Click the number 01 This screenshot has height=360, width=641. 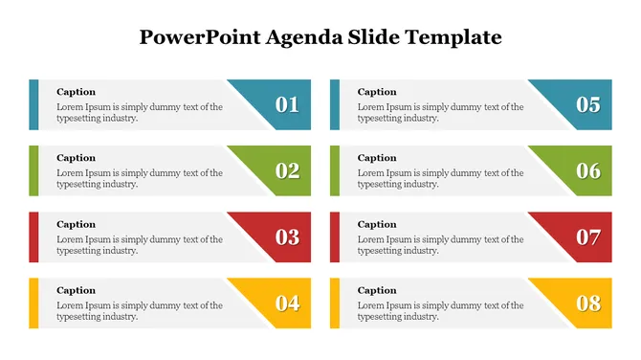pos(287,104)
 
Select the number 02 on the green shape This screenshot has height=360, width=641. pos(287,170)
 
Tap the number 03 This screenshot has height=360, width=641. pos(287,236)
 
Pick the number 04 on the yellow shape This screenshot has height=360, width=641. pos(287,304)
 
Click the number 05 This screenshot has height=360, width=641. pos(588,104)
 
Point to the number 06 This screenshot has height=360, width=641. pos(588,170)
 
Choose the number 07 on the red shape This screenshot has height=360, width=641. pos(588,236)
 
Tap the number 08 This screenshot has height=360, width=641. pos(588,304)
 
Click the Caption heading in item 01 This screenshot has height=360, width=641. pos(76,92)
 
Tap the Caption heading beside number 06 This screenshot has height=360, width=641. pos(377,158)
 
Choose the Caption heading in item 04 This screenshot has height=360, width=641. pos(76,290)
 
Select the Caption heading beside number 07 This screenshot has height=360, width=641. pos(377,224)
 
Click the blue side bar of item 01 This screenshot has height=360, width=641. pos(33,104)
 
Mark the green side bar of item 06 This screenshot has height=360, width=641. pos(335,170)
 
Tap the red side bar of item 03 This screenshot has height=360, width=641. pos(33,236)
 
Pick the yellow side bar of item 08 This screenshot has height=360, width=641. pos(335,304)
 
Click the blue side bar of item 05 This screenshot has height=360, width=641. pos(335,104)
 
